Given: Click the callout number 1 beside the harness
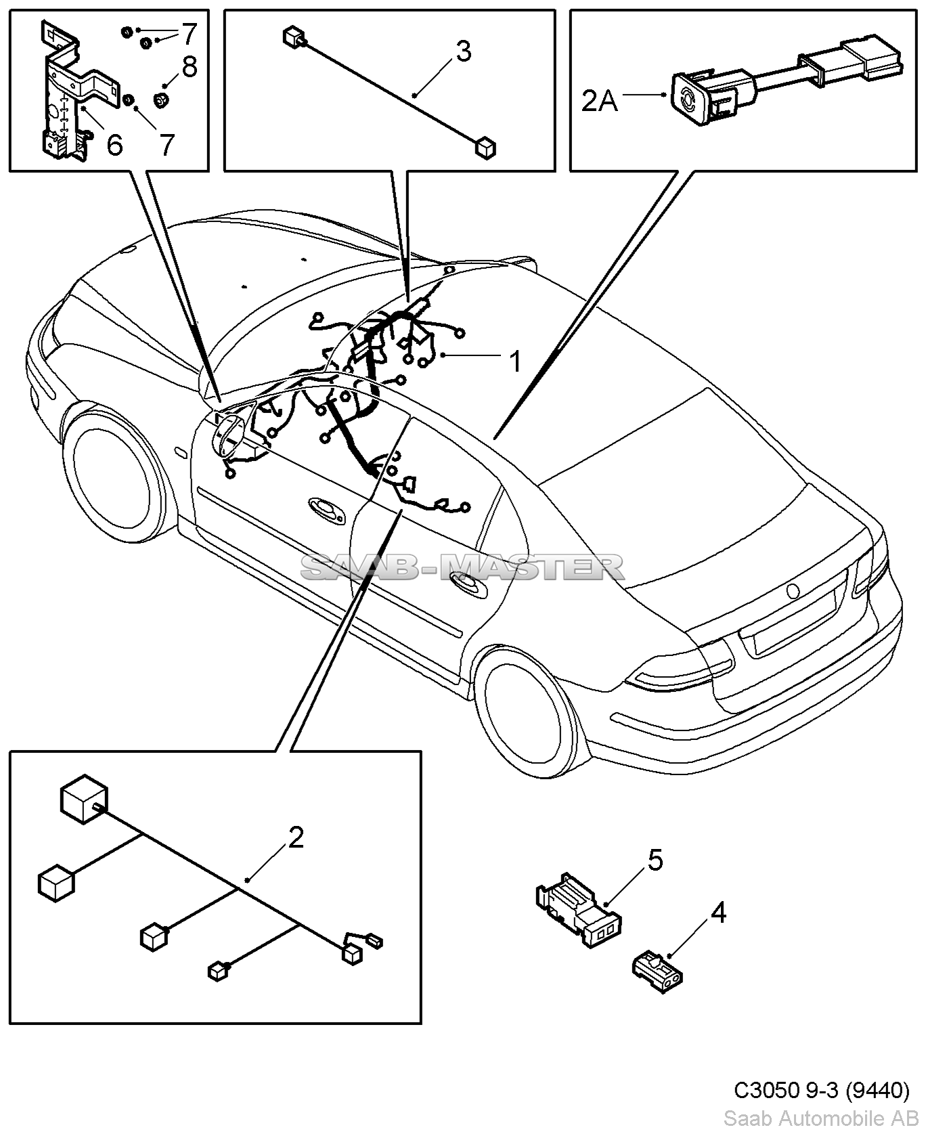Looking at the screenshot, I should [516, 361].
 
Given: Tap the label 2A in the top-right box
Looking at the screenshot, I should [599, 102].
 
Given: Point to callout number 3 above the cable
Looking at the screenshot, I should [463, 51].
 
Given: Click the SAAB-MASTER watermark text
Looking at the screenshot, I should [462, 567].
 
